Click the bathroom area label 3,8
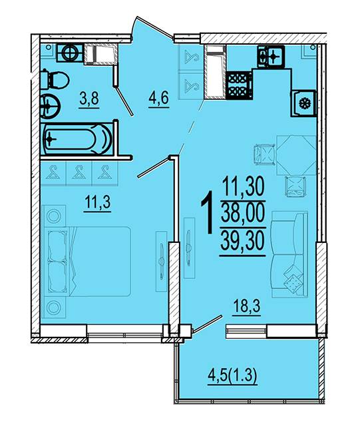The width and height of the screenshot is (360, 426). pyautogui.click(x=89, y=99)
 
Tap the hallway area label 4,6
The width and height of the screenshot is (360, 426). pyautogui.click(x=158, y=99)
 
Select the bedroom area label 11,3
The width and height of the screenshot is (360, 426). pyautogui.click(x=98, y=202)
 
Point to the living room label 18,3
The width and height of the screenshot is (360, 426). pyautogui.click(x=247, y=306)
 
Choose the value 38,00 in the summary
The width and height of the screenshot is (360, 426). pyautogui.click(x=242, y=213)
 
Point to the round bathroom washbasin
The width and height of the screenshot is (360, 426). pyautogui.click(x=50, y=106)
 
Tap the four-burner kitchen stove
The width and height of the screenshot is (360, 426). pyautogui.click(x=240, y=85)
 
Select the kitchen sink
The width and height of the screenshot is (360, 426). pyautogui.click(x=271, y=56)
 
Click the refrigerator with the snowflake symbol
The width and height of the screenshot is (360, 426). pyautogui.click(x=303, y=104)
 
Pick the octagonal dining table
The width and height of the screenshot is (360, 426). pyautogui.click(x=296, y=155)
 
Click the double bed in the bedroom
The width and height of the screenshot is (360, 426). pyautogui.click(x=87, y=262)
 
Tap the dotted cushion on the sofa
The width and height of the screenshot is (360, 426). pyautogui.click(x=293, y=282)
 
